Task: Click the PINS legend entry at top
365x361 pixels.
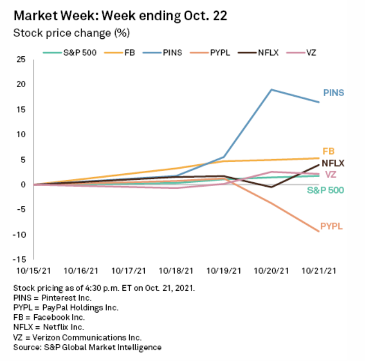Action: tap(166, 52)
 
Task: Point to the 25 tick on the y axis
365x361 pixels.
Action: tap(21, 59)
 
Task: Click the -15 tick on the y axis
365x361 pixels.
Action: tap(20, 260)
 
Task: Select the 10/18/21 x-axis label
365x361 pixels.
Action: tap(176, 270)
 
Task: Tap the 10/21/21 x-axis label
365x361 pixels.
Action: tap(319, 270)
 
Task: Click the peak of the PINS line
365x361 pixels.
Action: tap(272, 89)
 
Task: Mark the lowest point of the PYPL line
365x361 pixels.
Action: tap(319, 231)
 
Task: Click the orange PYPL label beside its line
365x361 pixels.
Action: tap(331, 227)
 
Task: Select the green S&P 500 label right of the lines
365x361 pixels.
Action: tap(325, 190)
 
